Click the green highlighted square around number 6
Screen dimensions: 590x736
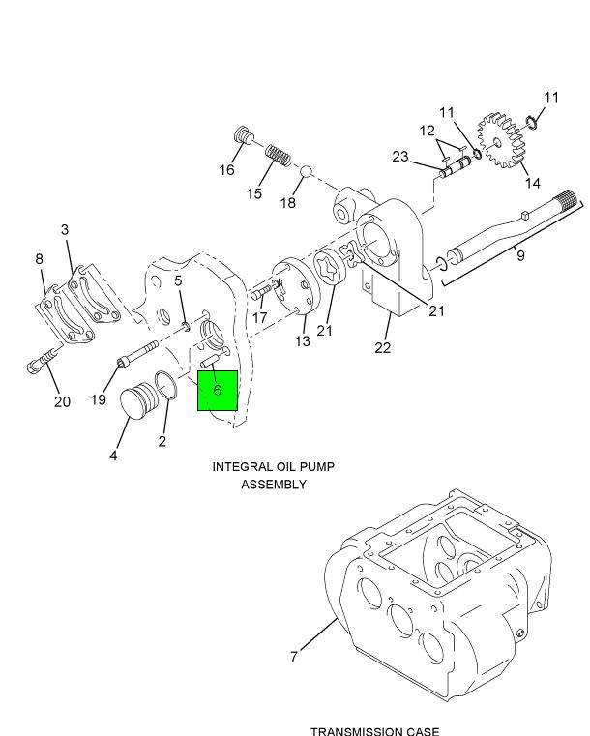(218, 391)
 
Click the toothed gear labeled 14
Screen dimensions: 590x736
(501, 140)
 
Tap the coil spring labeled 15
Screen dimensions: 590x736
(279, 156)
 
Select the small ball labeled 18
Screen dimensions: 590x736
(306, 171)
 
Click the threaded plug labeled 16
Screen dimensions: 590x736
(244, 135)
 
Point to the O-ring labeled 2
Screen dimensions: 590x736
(165, 385)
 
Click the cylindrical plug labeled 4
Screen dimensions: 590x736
(139, 400)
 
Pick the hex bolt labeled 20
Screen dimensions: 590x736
(43, 360)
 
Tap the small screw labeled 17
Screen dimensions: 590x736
(260, 293)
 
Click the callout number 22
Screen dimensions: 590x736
(383, 348)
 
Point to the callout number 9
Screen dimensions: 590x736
(520, 256)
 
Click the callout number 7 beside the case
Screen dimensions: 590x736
(294, 656)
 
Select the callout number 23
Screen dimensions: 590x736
(399, 157)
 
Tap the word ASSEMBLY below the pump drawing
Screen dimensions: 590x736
(274, 484)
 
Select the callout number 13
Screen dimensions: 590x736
(303, 340)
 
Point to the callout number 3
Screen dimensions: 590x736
(65, 229)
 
